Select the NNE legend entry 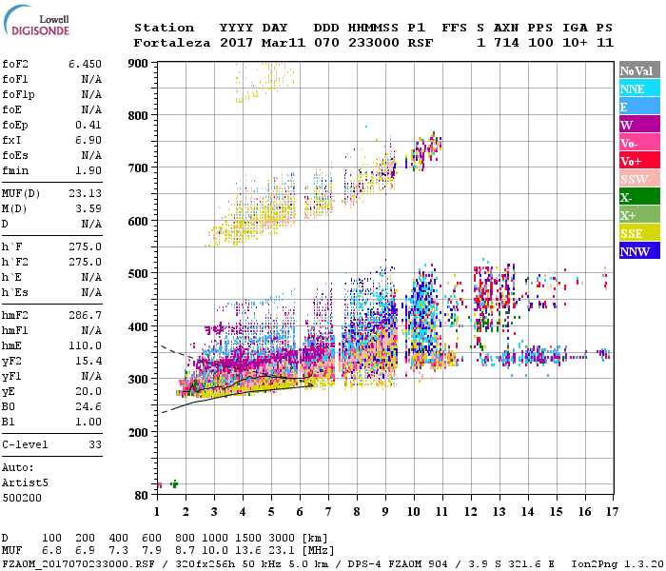(639, 89)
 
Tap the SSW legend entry (639, 179)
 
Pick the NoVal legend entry (639, 70)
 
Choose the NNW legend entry (639, 251)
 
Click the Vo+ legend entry (639, 161)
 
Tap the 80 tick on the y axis (142, 496)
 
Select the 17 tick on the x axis (610, 511)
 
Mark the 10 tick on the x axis (414, 511)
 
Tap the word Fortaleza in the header (172, 42)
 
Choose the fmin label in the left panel (15, 170)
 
